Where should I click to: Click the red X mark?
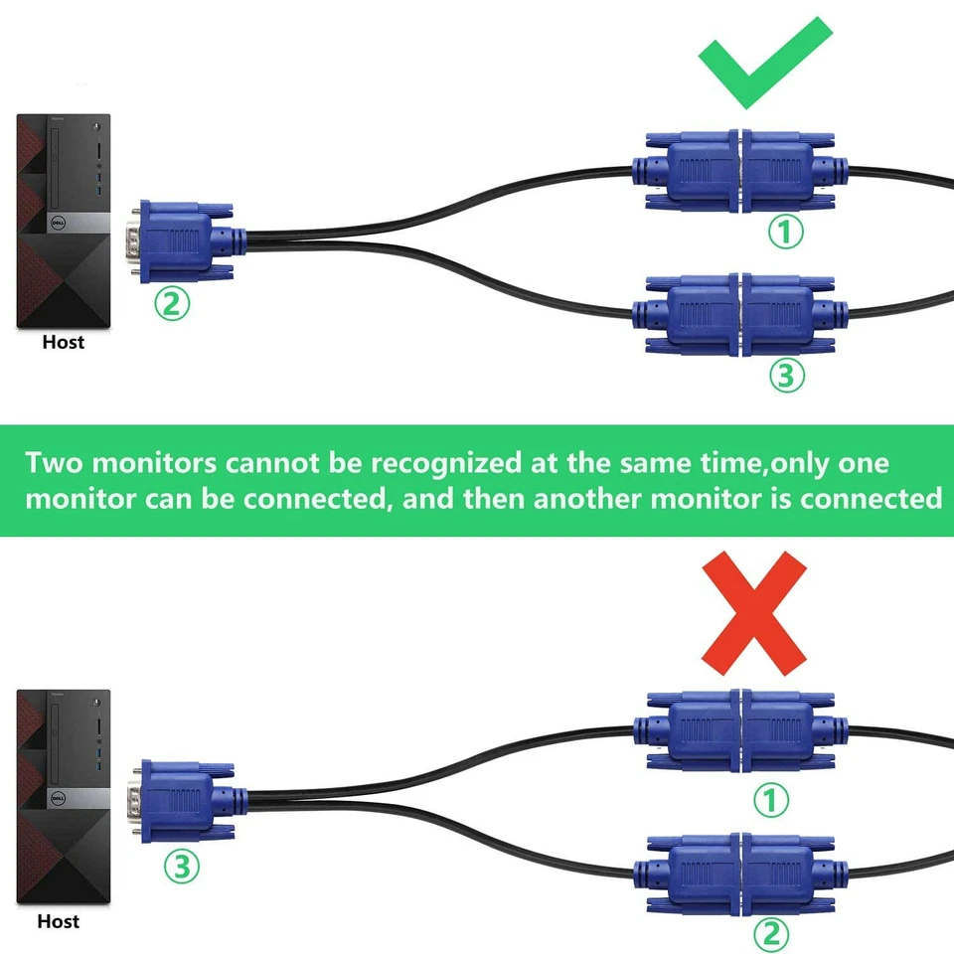click(753, 612)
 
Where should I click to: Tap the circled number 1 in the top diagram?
click(786, 233)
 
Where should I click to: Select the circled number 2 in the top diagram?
click(171, 303)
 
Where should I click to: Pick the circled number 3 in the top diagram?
click(786, 375)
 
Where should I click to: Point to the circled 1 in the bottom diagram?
click(771, 799)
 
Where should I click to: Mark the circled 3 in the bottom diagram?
click(181, 865)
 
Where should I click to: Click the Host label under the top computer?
click(64, 343)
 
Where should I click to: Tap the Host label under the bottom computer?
click(59, 921)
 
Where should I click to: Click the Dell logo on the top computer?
click(63, 225)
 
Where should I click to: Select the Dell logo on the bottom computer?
click(63, 799)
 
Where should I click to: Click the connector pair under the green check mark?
click(740, 171)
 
